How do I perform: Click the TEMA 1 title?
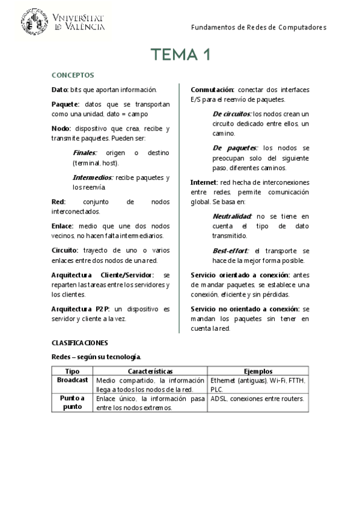click(x=180, y=55)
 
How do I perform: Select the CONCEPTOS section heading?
click(x=72, y=75)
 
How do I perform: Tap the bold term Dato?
click(x=60, y=90)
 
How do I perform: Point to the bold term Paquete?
click(x=66, y=104)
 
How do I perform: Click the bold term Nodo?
click(x=61, y=129)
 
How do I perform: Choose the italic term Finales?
click(x=85, y=153)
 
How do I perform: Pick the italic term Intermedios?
click(x=93, y=178)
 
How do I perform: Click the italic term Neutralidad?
click(x=232, y=216)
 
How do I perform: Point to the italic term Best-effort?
click(x=231, y=250)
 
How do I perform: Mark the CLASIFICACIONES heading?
click(x=79, y=343)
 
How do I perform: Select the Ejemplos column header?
click(x=258, y=372)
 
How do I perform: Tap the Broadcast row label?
click(x=72, y=381)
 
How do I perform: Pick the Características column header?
click(x=150, y=372)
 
